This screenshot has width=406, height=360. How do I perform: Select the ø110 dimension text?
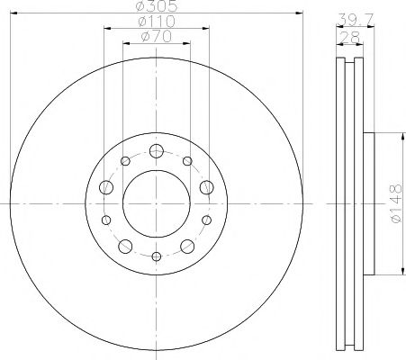[x=156, y=22]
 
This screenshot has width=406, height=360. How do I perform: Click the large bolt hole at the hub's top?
[x=156, y=150]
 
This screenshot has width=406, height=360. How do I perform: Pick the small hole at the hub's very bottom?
[x=156, y=256]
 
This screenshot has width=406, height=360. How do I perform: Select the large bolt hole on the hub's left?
[x=105, y=187]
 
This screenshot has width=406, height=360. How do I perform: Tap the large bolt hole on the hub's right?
[x=206, y=187]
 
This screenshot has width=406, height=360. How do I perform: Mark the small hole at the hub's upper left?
[x=125, y=162]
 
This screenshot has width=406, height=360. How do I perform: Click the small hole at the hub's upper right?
[x=186, y=162]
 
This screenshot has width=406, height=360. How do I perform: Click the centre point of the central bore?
[x=156, y=203]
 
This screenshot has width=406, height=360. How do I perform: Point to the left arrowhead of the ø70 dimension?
[x=125, y=45]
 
